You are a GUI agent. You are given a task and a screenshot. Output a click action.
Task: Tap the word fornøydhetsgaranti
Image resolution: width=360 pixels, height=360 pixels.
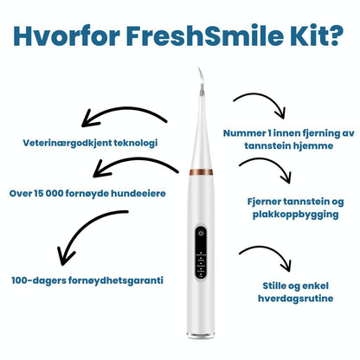click(117, 280)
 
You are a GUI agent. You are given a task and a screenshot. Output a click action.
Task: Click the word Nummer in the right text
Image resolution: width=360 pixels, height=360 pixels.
click(244, 134)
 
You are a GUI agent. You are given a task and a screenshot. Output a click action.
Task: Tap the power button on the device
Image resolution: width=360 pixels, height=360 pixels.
click(200, 233)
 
